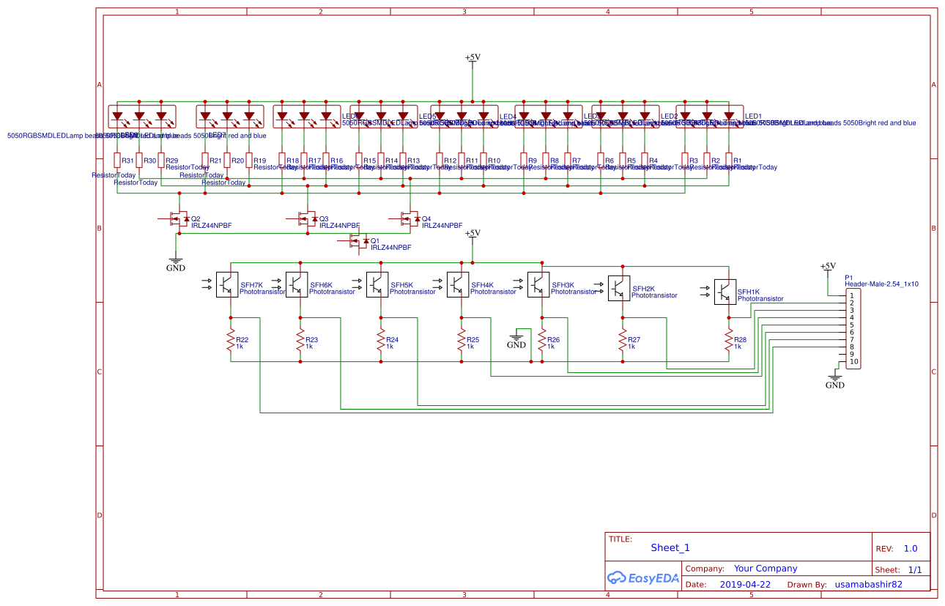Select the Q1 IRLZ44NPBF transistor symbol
click(358, 241)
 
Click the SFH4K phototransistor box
click(459, 285)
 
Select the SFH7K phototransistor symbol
click(227, 285)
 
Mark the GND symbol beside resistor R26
click(516, 340)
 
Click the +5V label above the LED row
click(472, 57)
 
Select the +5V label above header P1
click(828, 266)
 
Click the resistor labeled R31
click(117, 160)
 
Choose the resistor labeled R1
click(729, 160)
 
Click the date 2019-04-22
click(745, 585)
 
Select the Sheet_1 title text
click(670, 547)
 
